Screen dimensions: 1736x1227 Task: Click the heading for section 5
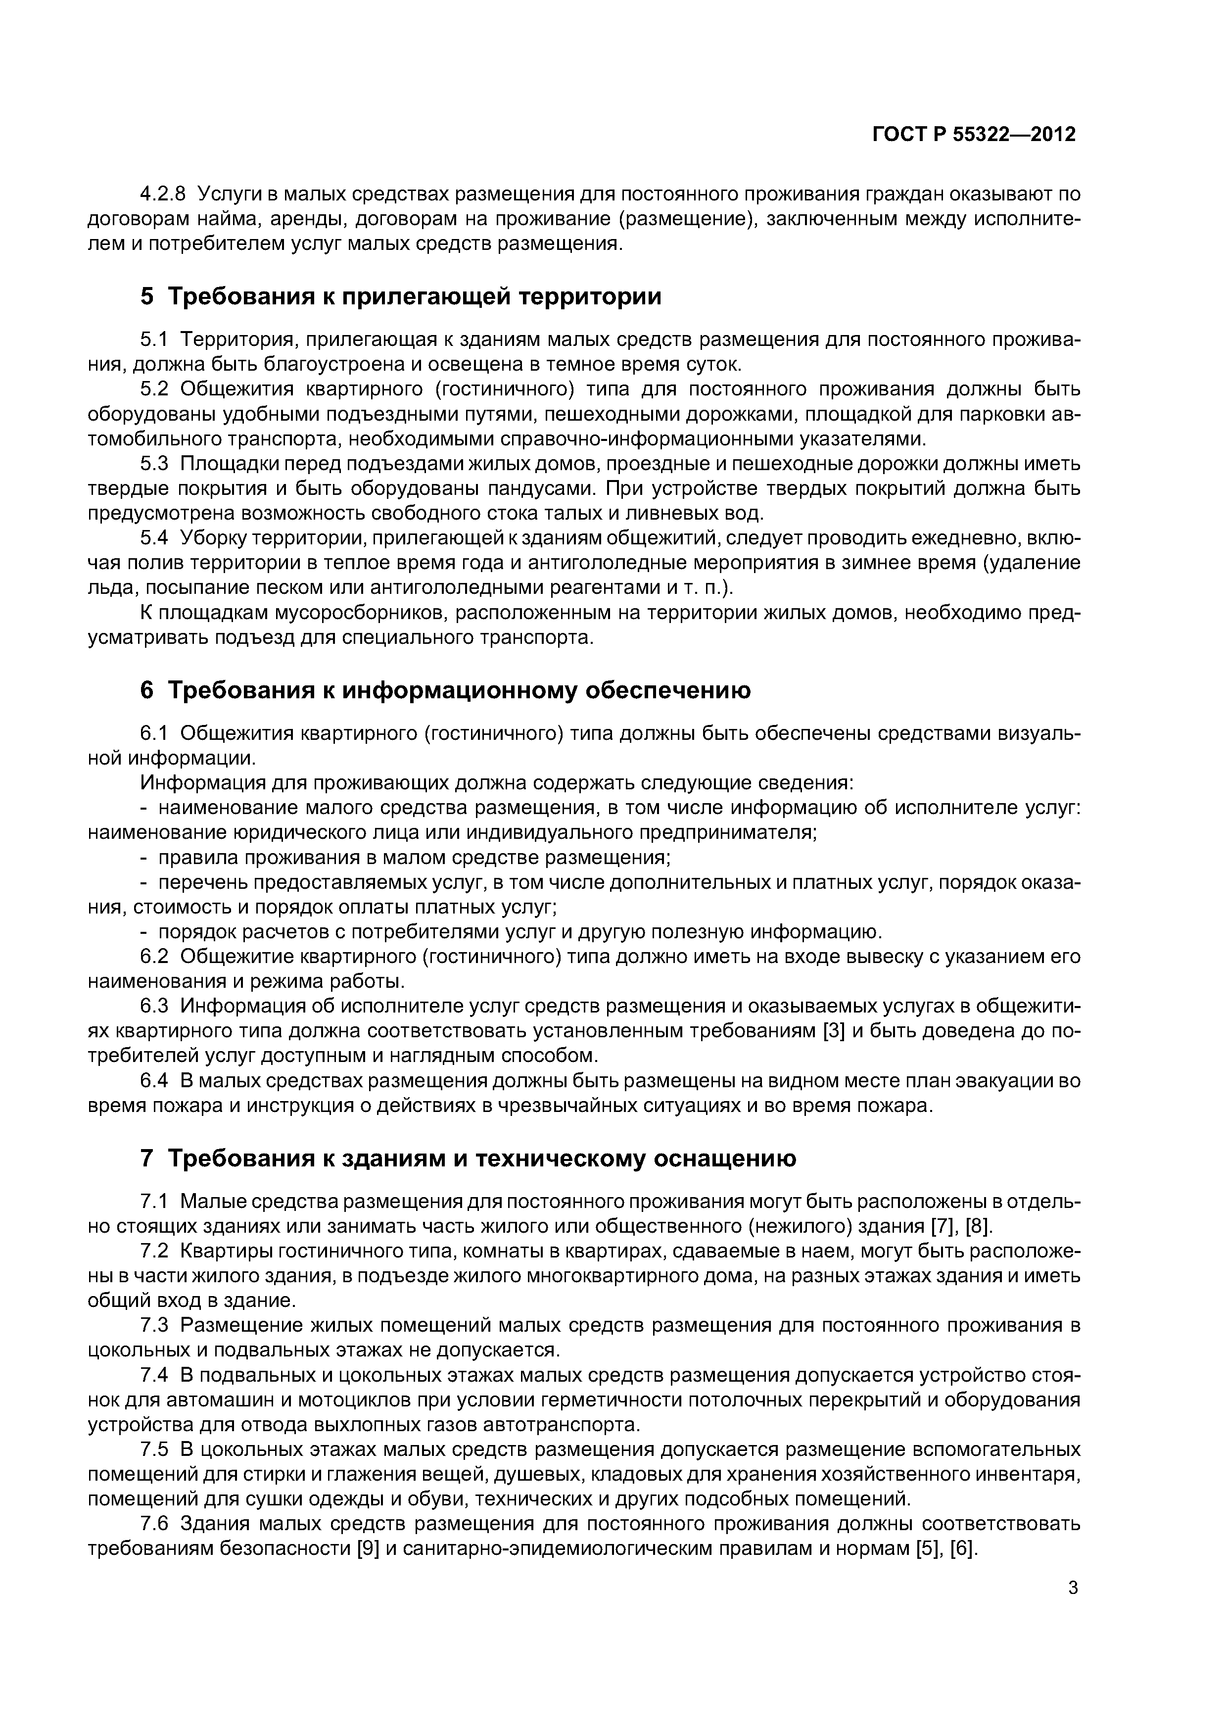click(x=401, y=296)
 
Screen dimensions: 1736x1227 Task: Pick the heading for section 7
click(x=468, y=1158)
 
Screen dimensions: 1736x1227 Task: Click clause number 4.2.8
click(x=163, y=194)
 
